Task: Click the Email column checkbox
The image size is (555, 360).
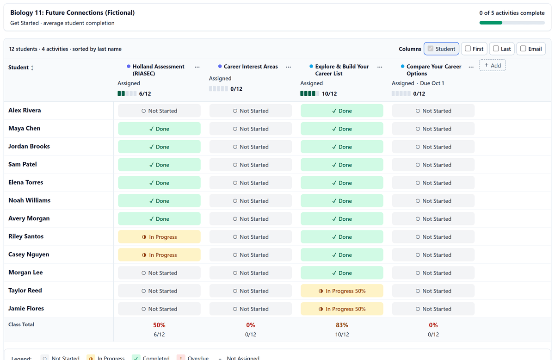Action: coord(523,49)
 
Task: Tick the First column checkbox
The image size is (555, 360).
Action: coord(468,49)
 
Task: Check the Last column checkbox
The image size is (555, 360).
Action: coord(496,49)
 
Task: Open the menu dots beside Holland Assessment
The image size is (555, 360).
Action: coord(197,67)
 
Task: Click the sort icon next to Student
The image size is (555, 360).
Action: coord(32,68)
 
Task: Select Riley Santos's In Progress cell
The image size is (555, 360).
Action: coord(159,237)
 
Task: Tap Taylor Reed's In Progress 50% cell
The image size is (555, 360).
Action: coord(342,291)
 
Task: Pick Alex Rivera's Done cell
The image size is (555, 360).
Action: coord(342,111)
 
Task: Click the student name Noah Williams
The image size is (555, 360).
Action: coord(29,200)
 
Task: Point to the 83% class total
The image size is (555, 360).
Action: coord(342,325)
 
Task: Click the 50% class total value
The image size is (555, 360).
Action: coord(159,325)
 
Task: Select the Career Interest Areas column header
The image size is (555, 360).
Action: coord(251,67)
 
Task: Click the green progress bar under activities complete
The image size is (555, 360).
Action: coord(491,23)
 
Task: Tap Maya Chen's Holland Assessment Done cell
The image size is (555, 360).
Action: coord(159,129)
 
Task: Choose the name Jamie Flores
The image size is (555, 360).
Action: coord(26,309)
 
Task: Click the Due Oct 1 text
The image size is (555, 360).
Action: coord(432,83)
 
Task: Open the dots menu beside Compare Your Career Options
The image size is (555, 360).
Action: coord(471,67)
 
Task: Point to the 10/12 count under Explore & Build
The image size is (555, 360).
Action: coord(329,94)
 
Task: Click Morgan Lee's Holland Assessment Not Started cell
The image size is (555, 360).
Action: coord(159,273)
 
